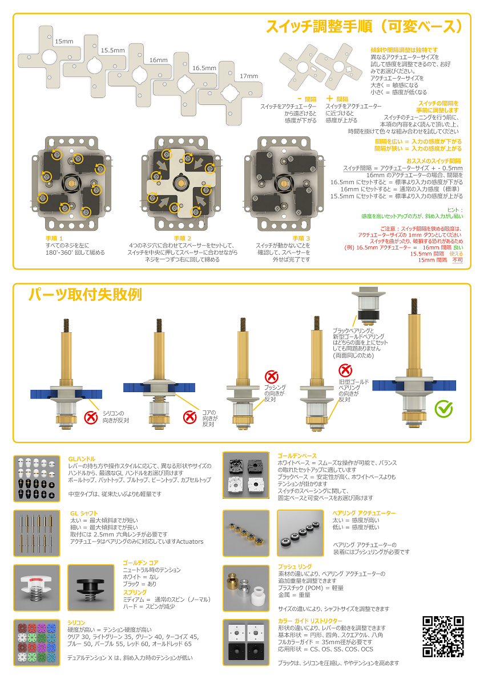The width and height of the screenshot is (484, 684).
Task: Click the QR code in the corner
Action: coord(443,637)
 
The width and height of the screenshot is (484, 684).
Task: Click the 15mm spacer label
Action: coord(64,42)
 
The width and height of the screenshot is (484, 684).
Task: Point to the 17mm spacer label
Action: coord(248,76)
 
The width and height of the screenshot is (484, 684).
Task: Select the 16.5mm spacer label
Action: coord(204,68)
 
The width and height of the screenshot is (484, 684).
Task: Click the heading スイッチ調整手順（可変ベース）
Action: coord(364,27)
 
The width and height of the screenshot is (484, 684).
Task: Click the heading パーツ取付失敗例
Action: coord(85,295)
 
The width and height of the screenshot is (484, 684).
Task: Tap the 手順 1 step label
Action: coord(55,238)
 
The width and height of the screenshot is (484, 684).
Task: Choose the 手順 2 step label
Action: coord(183,238)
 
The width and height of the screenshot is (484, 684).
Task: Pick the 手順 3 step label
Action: coord(301,238)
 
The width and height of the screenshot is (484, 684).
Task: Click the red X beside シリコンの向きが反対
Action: coord(90,417)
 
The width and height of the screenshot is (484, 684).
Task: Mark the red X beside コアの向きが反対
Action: coord(189,417)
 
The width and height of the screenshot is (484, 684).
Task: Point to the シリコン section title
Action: coord(76,622)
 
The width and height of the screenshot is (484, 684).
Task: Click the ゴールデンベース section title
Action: coord(297,456)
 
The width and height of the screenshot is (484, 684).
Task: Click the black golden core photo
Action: coord(90,587)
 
